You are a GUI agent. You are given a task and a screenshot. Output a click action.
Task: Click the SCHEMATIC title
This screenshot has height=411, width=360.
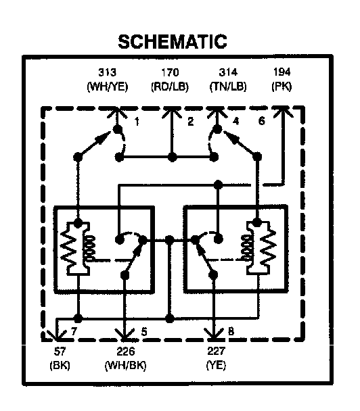coord(173,42)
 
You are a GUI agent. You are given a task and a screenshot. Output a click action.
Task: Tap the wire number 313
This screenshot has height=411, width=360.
coord(108,72)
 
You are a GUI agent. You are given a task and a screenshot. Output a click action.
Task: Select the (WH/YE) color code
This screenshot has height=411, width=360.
coord(108,87)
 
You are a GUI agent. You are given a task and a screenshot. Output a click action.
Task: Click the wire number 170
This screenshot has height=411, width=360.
coord(170,72)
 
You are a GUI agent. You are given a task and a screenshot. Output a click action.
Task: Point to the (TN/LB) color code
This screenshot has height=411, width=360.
coord(228,87)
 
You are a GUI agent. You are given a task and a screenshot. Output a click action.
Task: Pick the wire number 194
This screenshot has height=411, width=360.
coord(282,72)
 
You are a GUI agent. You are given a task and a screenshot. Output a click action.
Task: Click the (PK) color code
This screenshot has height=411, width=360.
coord(282,87)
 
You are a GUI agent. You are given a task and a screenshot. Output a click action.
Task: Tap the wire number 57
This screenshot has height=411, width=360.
coord(60,352)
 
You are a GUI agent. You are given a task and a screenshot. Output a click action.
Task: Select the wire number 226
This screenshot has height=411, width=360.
coord(125,352)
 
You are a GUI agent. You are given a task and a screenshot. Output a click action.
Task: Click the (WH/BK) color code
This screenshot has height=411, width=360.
coord(125,365)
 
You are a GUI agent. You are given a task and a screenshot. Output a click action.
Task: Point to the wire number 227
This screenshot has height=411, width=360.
coord(216,351)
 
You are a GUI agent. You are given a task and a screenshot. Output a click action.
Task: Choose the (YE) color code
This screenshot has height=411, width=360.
coord(216,364)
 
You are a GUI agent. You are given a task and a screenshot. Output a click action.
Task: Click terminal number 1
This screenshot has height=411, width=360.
coord(137,122)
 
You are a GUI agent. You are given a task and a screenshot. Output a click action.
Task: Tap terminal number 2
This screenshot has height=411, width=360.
coord(191,122)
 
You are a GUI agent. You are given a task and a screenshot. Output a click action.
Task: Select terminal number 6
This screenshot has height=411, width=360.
coord(262,121)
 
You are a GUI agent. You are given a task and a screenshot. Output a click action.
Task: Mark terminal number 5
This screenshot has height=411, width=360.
coord(144,332)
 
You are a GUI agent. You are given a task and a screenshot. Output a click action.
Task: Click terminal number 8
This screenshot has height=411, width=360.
coord(231,331)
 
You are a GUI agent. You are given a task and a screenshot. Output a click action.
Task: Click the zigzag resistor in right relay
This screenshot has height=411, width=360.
coord(269,247)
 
